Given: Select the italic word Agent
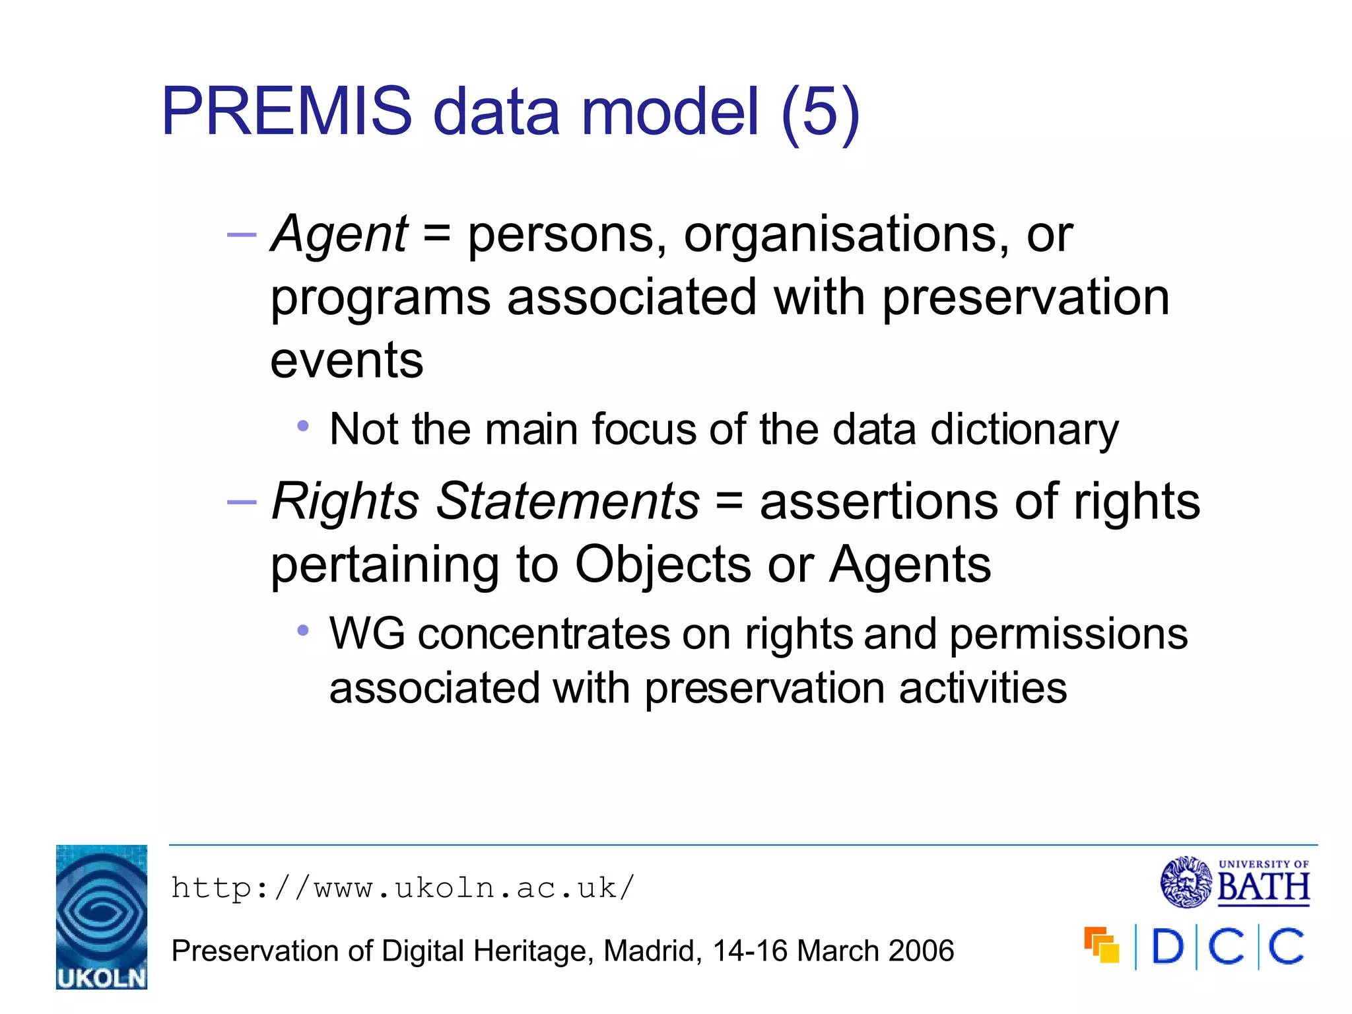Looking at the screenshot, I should click(x=340, y=234).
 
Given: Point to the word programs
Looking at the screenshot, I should click(x=381, y=298).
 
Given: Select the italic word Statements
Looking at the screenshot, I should click(x=568, y=502).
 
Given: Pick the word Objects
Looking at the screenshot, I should click(x=663, y=565).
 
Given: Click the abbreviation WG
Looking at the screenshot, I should click(x=367, y=634).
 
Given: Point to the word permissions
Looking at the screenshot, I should click(x=1069, y=635).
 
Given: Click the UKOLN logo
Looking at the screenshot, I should click(x=102, y=917).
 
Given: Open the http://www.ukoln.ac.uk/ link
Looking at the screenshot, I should click(x=403, y=889).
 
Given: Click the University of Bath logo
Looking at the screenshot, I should click(x=1234, y=882).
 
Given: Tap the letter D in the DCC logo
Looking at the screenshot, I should click(x=1167, y=947).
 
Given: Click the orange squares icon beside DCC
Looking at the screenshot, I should click(x=1102, y=945).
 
